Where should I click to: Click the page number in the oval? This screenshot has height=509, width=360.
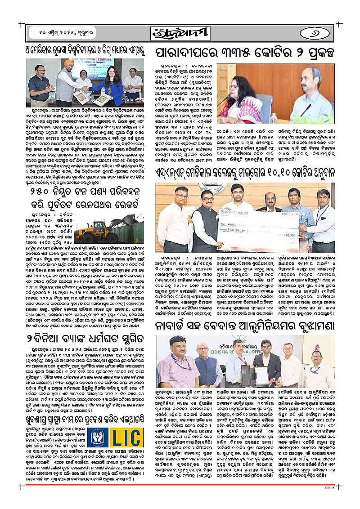[x=321, y=32]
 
